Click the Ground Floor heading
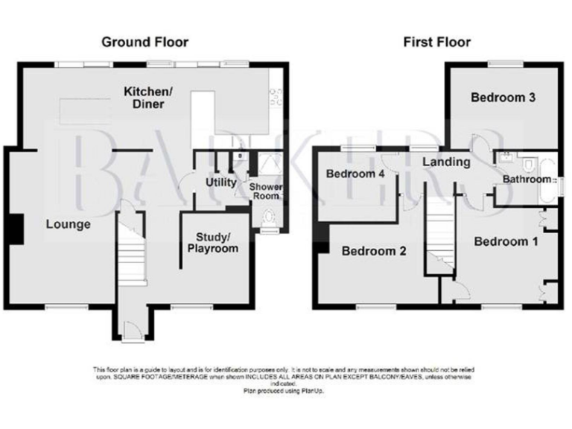coord(144,42)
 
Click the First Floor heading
coord(437,42)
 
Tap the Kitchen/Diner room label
coord(148,98)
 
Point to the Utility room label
coord(220,182)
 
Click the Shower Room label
coord(264,191)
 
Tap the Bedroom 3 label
coord(503,98)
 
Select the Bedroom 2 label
coord(374,252)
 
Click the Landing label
coord(445,162)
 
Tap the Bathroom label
coord(525,179)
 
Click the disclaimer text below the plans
coord(283,375)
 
